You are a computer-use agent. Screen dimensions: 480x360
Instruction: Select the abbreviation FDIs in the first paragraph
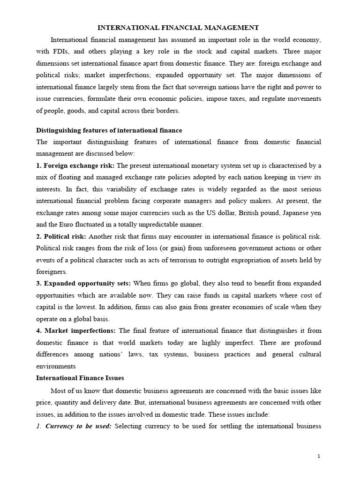click(62, 51)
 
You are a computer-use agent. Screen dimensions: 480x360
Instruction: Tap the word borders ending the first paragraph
click(161, 111)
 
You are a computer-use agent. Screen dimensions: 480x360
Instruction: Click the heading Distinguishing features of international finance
click(109, 130)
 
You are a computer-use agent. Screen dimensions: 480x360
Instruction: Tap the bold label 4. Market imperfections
click(79, 330)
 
